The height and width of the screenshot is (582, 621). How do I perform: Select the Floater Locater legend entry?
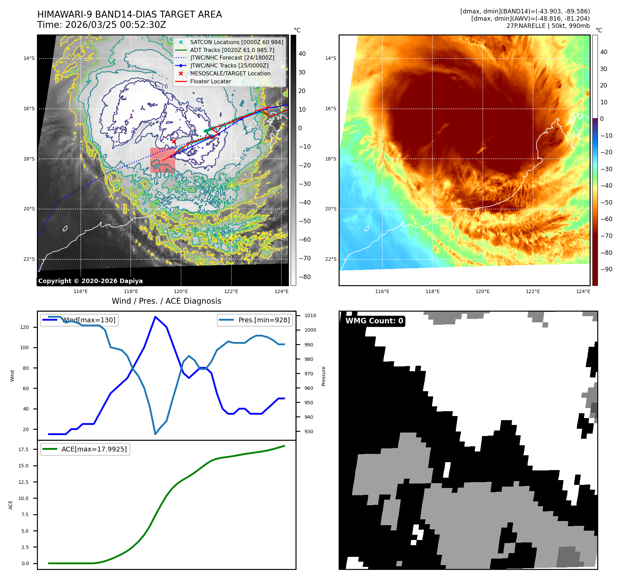pos(210,81)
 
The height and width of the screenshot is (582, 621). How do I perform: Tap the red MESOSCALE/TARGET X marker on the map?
pos(174,141)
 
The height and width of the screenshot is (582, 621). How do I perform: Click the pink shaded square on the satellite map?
pos(162,160)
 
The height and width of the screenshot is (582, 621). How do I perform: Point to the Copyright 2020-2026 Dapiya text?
pos(90,281)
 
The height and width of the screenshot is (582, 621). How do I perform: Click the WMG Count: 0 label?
pos(374,321)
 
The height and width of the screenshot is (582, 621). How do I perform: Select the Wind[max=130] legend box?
pos(79,320)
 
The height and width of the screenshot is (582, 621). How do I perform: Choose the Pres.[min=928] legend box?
pos(255,320)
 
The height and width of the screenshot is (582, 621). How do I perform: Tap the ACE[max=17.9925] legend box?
pos(85,449)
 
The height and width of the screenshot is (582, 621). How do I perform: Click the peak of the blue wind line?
pos(156,317)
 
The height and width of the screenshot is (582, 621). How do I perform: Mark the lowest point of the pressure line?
pos(156,434)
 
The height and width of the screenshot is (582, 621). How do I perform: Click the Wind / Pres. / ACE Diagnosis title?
pos(166,301)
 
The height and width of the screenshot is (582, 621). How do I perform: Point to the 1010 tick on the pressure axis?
pos(310,315)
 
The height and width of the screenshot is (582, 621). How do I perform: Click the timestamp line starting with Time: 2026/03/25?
pos(102,25)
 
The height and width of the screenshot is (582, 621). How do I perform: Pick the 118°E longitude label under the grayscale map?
pos(131,292)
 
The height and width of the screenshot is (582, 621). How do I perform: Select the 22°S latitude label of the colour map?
pos(330,259)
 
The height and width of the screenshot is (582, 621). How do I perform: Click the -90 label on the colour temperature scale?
pos(606,269)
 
